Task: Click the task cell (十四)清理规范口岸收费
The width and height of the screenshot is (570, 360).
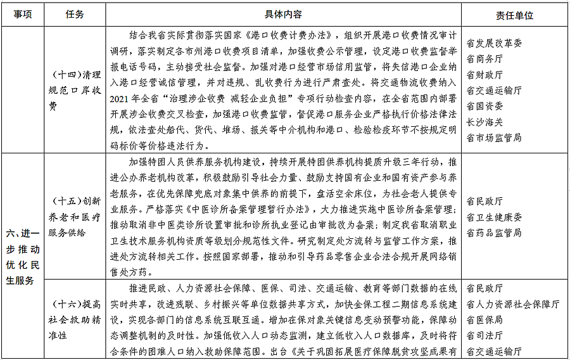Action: point(74,90)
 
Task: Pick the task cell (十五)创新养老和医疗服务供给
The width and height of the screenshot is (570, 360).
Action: point(74,216)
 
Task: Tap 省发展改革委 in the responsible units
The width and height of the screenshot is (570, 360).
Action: point(494,44)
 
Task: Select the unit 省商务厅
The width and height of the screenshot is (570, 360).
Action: point(484,59)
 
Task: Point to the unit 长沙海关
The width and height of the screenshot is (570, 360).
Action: point(484,121)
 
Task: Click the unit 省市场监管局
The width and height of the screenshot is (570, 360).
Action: point(494,137)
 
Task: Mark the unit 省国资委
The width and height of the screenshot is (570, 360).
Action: point(484,106)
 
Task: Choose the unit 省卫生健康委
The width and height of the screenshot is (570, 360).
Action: point(494,217)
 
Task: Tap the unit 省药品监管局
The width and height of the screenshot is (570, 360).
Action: point(494,233)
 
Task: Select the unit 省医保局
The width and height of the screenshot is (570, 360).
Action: point(484,319)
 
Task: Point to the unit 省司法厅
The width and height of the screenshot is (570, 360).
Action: point(484,335)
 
